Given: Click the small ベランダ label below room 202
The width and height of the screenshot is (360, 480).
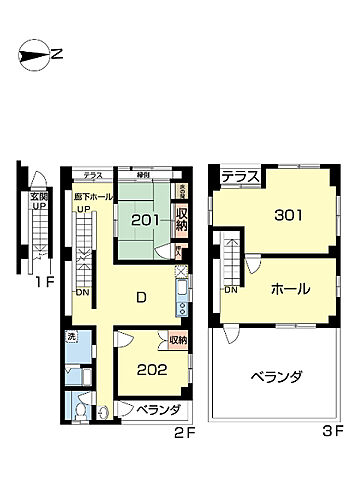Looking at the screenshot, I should (x=157, y=410).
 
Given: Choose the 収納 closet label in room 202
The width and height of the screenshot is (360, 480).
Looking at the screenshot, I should (x=177, y=341).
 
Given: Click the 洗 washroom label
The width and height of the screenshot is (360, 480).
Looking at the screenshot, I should (x=70, y=338).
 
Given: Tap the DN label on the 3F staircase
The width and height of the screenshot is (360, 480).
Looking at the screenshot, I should (x=230, y=290).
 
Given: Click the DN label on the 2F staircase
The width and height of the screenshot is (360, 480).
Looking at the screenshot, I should (x=82, y=293).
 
